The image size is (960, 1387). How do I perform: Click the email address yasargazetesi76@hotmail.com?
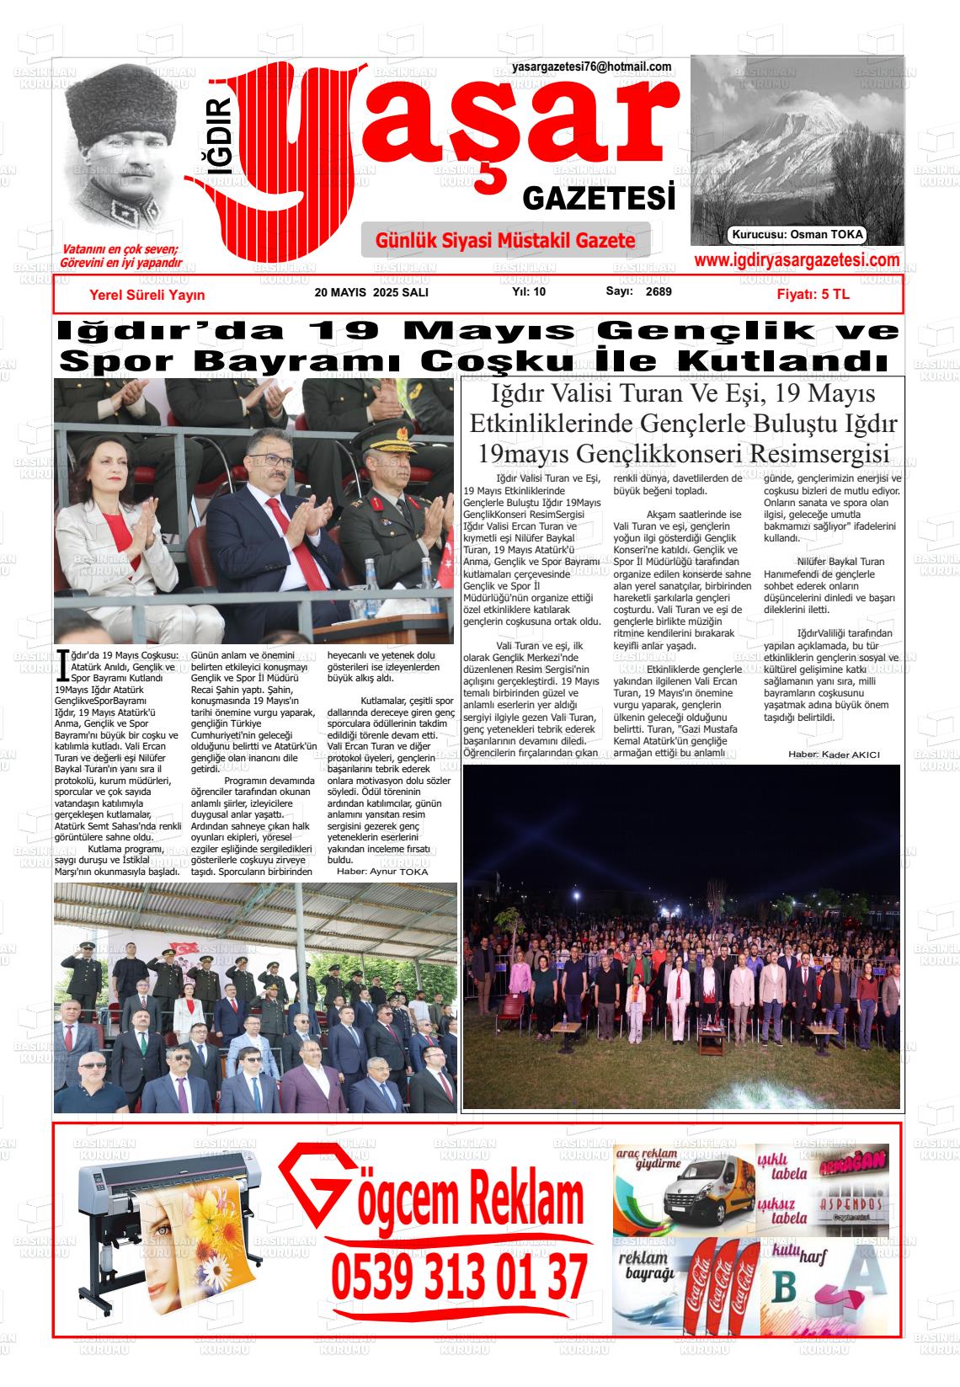click(x=591, y=67)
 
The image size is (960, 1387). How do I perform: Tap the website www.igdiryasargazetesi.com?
click(x=796, y=261)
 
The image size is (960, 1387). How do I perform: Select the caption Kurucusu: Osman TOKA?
click(x=797, y=236)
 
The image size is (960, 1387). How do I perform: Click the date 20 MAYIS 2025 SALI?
click(x=371, y=292)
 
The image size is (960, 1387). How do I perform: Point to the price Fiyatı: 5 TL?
click(x=813, y=295)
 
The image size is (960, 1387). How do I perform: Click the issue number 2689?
click(x=659, y=292)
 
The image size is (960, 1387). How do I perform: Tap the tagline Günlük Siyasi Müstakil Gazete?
click(x=505, y=241)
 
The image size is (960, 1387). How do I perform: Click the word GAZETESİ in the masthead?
click(x=599, y=199)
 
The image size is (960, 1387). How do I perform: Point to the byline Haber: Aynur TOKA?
click(x=382, y=872)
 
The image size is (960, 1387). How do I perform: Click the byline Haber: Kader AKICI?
click(x=834, y=755)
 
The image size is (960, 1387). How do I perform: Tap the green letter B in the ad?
click(x=785, y=1289)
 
